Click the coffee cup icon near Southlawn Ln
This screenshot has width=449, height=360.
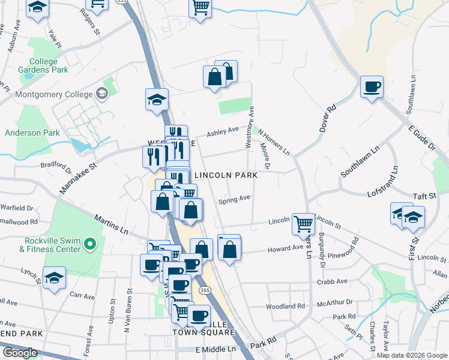(x=372, y=87)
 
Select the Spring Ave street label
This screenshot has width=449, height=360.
(x=234, y=199)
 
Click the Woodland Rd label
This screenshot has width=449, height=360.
(x=285, y=306)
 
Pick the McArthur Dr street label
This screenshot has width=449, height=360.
(x=335, y=303)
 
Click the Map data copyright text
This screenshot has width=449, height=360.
(x=412, y=355)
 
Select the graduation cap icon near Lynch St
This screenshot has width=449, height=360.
(x=54, y=278)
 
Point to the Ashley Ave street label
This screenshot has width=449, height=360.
(x=223, y=131)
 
